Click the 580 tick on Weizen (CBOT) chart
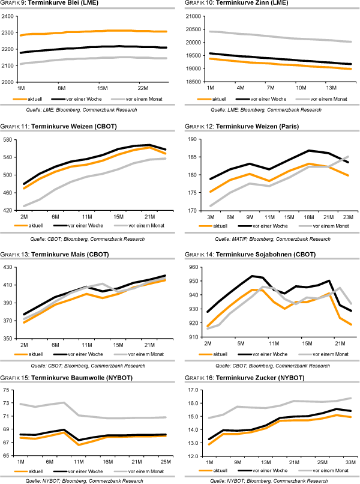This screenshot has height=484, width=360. click(8, 139)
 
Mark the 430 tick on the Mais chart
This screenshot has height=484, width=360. click(8, 267)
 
